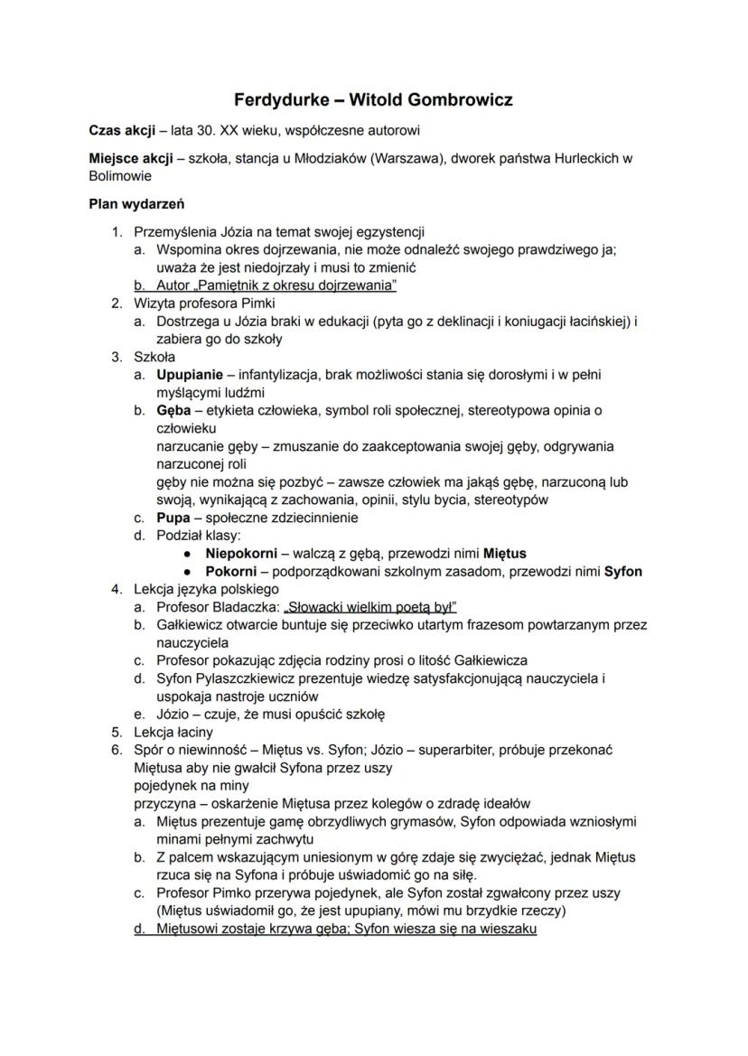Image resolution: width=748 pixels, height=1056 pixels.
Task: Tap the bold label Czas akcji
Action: pos(123,131)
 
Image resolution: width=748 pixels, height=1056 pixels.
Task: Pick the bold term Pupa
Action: pos(173,518)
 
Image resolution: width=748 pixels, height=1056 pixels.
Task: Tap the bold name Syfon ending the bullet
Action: pos(623,571)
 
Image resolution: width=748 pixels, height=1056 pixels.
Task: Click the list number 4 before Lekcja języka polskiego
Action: pos(116,589)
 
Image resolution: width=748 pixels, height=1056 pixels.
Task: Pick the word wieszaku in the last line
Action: pos(510,928)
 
